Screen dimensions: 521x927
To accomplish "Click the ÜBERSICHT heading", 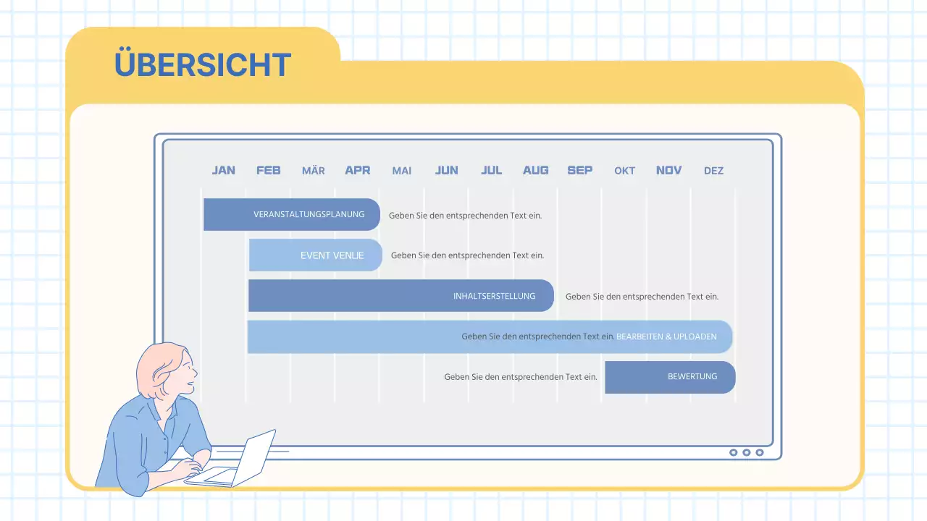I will point(203,65).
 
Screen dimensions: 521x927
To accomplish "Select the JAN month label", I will point(223,170).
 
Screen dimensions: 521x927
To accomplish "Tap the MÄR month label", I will point(313,171).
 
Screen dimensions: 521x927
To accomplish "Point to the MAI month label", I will point(402,171).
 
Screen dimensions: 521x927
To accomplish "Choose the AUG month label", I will point(536,170).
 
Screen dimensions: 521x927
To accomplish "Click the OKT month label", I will point(624,171).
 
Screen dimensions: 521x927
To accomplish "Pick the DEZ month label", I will point(713,171).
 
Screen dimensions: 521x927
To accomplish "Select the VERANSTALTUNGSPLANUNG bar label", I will point(309,215).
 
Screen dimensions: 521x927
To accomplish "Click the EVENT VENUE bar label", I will point(332,255).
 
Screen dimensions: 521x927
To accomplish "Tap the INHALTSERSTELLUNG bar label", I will point(495,296).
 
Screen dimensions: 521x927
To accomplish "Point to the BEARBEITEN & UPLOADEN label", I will point(666,336).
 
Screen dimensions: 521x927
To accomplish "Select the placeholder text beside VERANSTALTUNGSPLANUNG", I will point(465,216).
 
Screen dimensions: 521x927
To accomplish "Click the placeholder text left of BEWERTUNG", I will point(521,377).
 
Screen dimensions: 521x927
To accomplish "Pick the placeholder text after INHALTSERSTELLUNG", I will point(642,297).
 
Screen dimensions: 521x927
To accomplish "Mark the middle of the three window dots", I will point(747,452).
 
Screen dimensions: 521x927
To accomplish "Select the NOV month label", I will point(668,170).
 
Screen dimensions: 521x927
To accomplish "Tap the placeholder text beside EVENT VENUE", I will point(467,255).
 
